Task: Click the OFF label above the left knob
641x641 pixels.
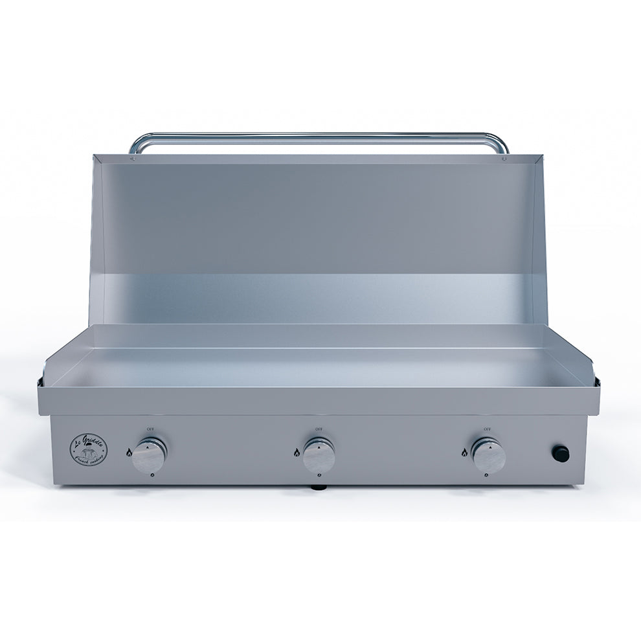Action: [x=150, y=429]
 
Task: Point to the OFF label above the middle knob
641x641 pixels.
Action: [x=319, y=429]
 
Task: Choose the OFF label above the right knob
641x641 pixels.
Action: [x=487, y=429]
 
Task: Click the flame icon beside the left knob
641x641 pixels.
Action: [x=129, y=452]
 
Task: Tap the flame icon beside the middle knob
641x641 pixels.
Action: [x=297, y=452]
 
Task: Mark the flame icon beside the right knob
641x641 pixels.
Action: [x=464, y=452]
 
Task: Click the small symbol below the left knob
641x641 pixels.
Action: [x=151, y=476]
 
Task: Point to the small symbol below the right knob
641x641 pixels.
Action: [x=486, y=476]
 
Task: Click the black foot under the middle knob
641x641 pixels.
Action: [x=319, y=486]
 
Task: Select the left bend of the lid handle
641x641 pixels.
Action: [x=136, y=142]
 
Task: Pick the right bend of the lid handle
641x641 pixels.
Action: [x=502, y=142]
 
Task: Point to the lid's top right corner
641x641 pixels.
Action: [x=541, y=156]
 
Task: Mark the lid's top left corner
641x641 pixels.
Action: [x=95, y=156]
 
